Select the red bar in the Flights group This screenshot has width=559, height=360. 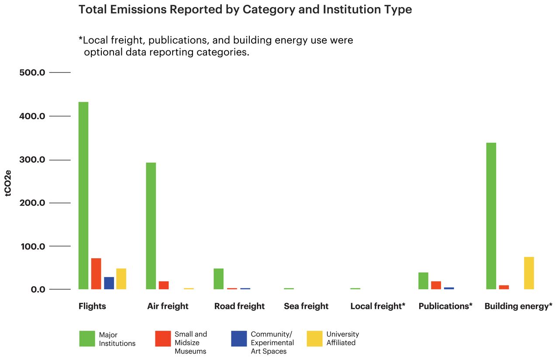pos(96,274)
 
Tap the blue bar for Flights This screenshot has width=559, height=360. pos(109,283)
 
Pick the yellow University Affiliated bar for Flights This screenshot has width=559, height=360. pos(121,279)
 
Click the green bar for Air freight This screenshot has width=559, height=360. pos(151,226)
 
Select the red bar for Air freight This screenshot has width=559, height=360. pos(164,285)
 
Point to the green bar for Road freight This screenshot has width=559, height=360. pos(218,279)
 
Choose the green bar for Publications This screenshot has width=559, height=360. pos(423,281)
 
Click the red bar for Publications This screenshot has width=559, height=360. pos(436,285)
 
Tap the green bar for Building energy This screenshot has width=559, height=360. pos(491,216)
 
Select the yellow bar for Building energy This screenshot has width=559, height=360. pos(529,273)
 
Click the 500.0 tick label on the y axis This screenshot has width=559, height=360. pos(32,73)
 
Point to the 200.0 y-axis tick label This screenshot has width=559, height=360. pos(32,203)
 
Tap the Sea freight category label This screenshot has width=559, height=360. pos(306,306)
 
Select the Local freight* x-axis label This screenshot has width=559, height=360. pos(378,306)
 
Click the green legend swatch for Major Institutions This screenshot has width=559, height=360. pos(87,339)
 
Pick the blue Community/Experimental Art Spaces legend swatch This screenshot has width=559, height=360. pos(239,339)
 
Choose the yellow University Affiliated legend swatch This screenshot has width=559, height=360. pos(314,339)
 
